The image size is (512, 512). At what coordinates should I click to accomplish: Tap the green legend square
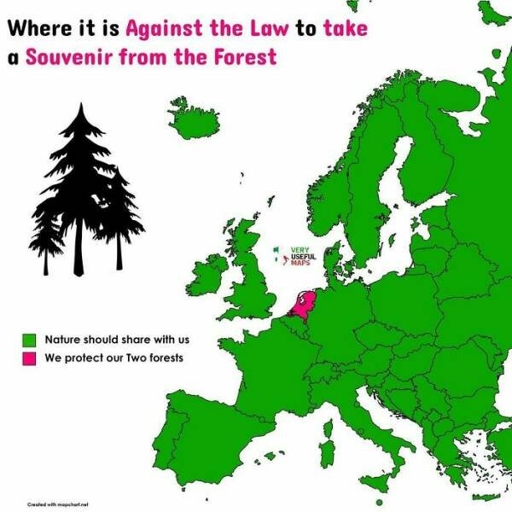pos(28,340)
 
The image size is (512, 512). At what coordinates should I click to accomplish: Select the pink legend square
pos(28,358)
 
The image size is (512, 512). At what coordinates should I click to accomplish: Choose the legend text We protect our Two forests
pos(113,358)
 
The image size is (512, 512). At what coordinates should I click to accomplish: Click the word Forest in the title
pos(247,58)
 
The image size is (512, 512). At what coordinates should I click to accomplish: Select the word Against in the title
pos(161,27)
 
